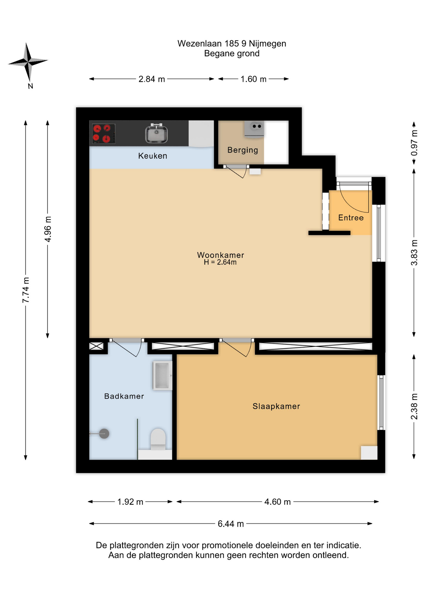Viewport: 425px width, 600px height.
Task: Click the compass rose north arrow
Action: click(28, 64)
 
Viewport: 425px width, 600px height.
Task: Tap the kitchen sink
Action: click(156, 133)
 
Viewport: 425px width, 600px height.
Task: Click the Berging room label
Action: click(243, 150)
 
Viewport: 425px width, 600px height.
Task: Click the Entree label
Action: click(351, 218)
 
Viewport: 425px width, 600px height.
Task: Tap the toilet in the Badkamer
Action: click(158, 439)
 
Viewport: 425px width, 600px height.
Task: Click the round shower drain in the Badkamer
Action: click(104, 433)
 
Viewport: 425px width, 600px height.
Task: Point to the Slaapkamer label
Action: click(276, 406)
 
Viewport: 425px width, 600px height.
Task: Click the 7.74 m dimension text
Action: click(26, 290)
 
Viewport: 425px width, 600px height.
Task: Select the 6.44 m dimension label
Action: click(231, 524)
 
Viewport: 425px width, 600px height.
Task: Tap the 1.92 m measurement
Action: click(130, 502)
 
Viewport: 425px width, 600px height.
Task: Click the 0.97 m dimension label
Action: click(414, 143)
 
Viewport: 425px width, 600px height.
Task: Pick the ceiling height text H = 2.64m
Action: click(220, 262)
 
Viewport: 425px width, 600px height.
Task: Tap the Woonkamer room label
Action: click(220, 255)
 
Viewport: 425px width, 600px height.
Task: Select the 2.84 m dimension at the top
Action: click(152, 79)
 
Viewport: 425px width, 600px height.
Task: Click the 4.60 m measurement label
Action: click(278, 502)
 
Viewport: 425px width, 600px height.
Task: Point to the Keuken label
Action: click(153, 156)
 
